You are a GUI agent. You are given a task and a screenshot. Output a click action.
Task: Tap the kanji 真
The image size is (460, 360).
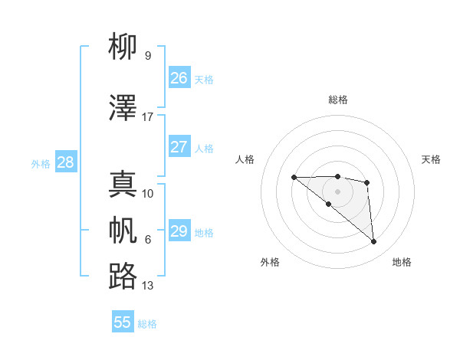coord(123,184)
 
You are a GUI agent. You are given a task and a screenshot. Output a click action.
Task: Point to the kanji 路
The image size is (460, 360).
coord(123,276)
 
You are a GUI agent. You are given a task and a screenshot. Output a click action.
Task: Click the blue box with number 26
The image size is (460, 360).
coord(179,77)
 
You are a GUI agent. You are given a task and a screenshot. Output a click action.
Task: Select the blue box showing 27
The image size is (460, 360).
coord(179,147)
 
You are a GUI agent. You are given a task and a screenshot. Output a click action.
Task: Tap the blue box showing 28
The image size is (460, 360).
coord(65,162)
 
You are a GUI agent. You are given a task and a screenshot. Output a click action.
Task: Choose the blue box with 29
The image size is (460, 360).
coord(179,231)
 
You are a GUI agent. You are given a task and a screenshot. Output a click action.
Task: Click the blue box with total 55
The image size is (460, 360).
coord(123,322)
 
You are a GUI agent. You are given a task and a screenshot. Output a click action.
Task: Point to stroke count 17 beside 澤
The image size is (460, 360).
coord(148,117)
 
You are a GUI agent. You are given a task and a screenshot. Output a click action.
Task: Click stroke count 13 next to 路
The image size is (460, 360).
coord(148,286)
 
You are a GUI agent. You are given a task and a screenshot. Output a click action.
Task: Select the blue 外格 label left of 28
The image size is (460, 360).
coord(41,163)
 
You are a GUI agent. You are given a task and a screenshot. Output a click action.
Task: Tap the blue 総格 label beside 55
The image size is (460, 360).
coord(147,324)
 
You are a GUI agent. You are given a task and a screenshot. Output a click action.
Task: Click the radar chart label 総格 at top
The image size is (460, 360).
coord(337,100)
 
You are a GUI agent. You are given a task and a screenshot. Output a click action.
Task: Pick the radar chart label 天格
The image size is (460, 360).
coord(432,159)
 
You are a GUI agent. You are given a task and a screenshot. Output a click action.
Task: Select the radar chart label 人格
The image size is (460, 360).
coord(245,159)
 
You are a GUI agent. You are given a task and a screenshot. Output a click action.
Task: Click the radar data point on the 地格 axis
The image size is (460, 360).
coord(374,242)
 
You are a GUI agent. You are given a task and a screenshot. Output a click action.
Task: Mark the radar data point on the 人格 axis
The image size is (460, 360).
coord(294,178)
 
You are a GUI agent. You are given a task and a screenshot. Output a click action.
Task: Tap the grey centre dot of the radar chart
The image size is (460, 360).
coord(337,191)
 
